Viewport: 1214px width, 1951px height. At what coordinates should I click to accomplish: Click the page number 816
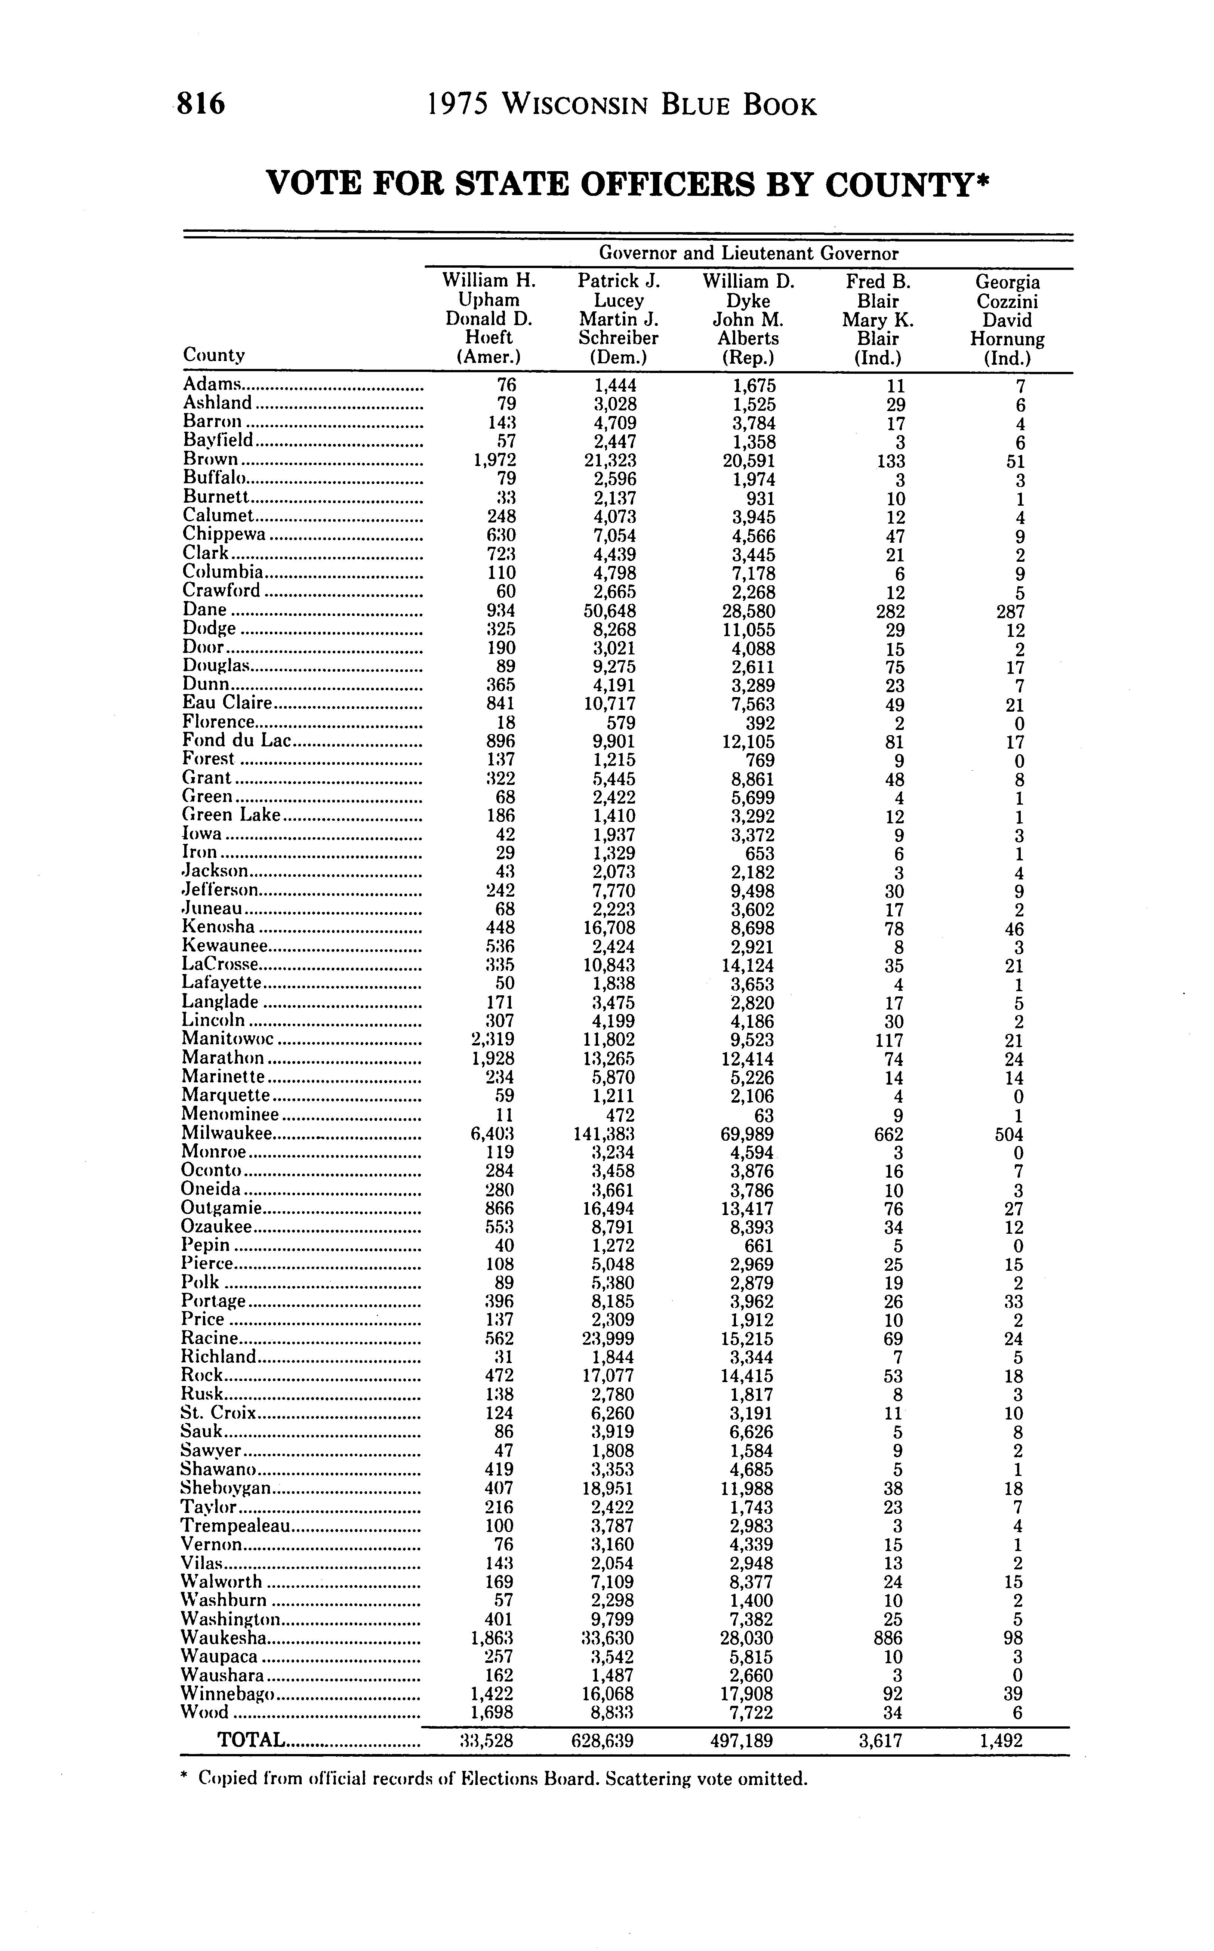(201, 104)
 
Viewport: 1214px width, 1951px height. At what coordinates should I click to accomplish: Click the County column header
(213, 355)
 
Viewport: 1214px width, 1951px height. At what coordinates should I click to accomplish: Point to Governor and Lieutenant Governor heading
(748, 254)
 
